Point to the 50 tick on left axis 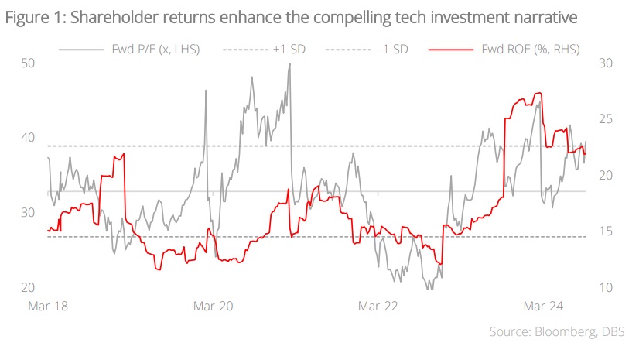[29, 63]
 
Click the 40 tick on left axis [29, 138]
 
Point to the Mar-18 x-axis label [48, 306]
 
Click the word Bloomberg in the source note [562, 332]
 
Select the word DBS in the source [611, 332]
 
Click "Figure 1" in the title [32, 17]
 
